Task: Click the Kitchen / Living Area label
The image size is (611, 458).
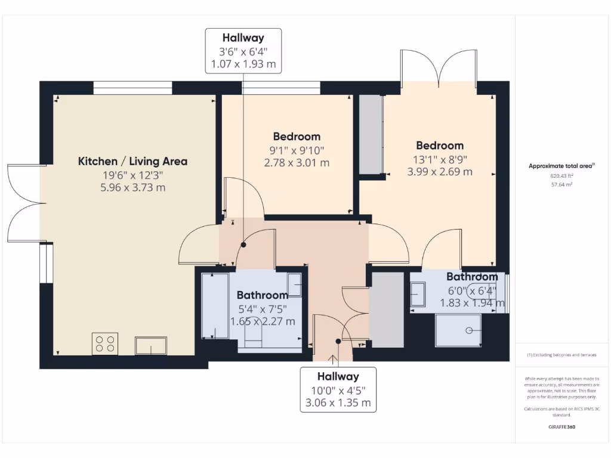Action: pos(132,161)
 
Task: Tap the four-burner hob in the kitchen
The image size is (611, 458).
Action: pos(105,343)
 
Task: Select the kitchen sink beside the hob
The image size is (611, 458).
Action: pos(151,345)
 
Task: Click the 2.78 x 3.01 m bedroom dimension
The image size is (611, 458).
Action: pos(297,163)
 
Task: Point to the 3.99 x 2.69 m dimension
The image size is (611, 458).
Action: pos(440,172)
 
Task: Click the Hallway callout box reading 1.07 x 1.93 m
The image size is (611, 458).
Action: pos(243,51)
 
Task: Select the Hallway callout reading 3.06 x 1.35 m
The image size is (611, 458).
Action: pos(338,389)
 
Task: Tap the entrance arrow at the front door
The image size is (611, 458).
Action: pos(333,361)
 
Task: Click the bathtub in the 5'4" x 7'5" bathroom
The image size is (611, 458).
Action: pos(215,306)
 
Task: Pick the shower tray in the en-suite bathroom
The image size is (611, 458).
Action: pos(458,330)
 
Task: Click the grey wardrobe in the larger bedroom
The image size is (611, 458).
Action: pos(371,134)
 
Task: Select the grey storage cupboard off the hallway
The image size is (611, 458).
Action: pos(387,310)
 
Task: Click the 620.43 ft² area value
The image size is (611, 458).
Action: pos(561,176)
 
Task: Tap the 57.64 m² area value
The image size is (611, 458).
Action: pos(561,185)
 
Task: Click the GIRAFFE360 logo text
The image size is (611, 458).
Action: pos(561,427)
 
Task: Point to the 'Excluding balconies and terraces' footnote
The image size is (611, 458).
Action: pos(561,355)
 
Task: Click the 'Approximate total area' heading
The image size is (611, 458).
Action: pos(561,166)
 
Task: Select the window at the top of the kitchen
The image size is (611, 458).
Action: pos(132,88)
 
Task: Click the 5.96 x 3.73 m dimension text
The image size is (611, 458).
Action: pos(133,188)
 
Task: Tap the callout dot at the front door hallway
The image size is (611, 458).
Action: pos(338,341)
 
